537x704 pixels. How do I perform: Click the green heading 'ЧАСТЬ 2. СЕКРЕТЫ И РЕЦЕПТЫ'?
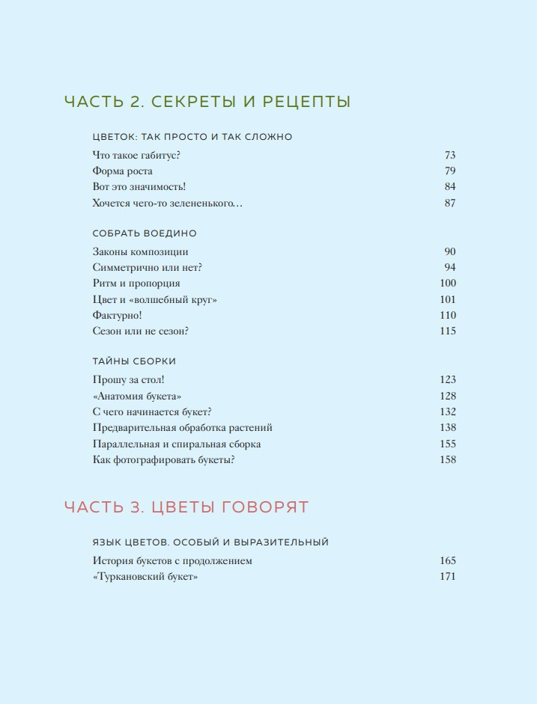click(207, 102)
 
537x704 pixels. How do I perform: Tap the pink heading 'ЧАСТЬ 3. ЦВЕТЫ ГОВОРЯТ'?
click(186, 507)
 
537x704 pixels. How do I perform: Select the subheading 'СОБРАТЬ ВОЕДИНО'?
click(145, 233)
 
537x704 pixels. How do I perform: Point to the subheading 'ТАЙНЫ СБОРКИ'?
click(134, 361)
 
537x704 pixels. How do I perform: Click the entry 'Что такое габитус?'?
click(136, 156)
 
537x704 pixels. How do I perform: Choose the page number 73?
click(449, 156)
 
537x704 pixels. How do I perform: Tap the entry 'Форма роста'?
click(122, 171)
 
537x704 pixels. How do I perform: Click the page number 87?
click(449, 203)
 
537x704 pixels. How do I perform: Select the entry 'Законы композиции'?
click(140, 252)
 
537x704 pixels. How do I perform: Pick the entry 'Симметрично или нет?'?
click(148, 268)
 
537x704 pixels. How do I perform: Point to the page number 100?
click(447, 284)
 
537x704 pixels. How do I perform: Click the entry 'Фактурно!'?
click(117, 316)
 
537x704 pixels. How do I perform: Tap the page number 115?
click(447, 331)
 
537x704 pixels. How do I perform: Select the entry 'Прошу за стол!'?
click(127, 380)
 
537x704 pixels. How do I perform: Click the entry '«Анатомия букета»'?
click(138, 397)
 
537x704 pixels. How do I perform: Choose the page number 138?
click(447, 428)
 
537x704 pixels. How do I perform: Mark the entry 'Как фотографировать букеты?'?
click(164, 460)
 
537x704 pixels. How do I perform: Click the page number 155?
click(447, 444)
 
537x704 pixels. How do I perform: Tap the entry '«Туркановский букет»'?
click(145, 577)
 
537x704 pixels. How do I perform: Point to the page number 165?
click(447, 561)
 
